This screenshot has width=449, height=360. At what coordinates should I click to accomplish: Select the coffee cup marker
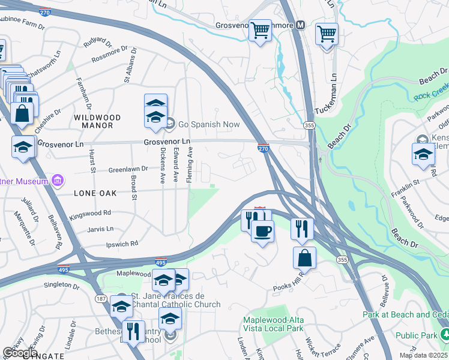point(262,231)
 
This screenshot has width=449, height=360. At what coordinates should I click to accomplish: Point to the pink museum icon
point(58,180)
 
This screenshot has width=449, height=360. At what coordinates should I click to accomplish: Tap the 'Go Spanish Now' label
point(208,125)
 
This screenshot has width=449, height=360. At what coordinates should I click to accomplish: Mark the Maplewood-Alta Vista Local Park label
point(273,324)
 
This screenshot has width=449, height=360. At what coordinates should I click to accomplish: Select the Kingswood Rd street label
point(91,212)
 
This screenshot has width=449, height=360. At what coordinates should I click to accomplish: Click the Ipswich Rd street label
point(122,244)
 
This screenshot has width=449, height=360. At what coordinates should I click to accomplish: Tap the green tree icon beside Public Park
point(444,333)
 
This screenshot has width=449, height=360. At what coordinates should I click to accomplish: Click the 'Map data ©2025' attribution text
point(423,355)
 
